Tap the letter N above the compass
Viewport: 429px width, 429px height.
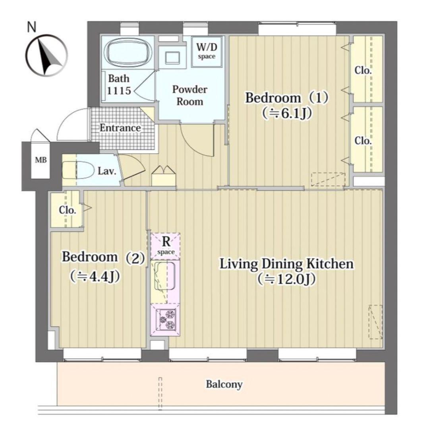point(32,27)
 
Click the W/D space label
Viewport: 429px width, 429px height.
point(207,51)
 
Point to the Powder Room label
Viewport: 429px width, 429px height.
point(189,95)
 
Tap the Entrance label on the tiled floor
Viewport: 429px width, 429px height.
point(120,128)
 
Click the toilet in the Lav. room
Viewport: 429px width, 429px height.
point(78,170)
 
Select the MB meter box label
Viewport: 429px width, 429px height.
point(41,160)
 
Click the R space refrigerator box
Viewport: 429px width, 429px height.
point(166,246)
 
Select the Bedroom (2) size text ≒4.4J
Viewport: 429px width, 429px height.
point(95,276)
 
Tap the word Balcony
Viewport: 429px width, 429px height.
point(224,385)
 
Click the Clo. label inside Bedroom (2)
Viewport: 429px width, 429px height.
point(67,210)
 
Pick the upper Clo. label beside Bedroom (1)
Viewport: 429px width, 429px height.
point(363,71)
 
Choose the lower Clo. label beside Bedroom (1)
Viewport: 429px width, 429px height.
point(363,141)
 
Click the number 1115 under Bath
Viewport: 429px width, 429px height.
point(119,91)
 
